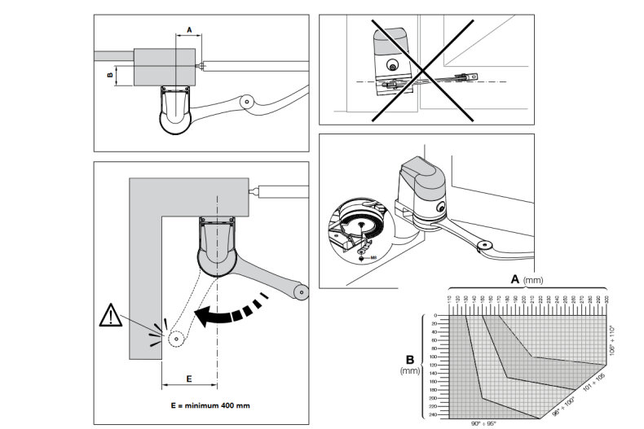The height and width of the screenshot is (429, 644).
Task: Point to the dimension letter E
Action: tap(189, 379)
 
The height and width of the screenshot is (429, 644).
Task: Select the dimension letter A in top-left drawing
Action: tap(188, 29)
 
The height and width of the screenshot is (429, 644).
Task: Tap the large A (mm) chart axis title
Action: tap(526, 278)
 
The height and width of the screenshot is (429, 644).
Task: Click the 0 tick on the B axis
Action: tap(434, 316)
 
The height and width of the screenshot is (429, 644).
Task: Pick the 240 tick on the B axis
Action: tap(431, 415)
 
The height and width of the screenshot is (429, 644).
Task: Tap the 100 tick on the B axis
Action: tap(431, 357)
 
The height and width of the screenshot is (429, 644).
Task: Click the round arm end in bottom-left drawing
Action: tap(302, 289)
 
